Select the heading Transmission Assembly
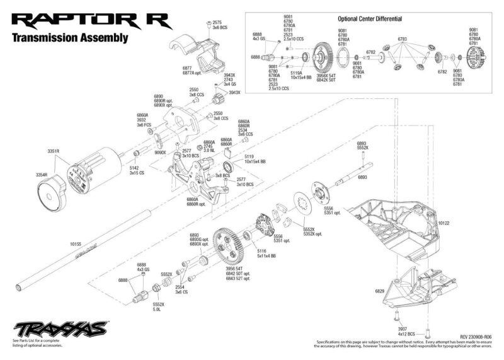tap(71, 37)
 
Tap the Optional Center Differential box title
tap(370, 20)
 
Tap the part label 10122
tap(444, 223)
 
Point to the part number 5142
tap(134, 168)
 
